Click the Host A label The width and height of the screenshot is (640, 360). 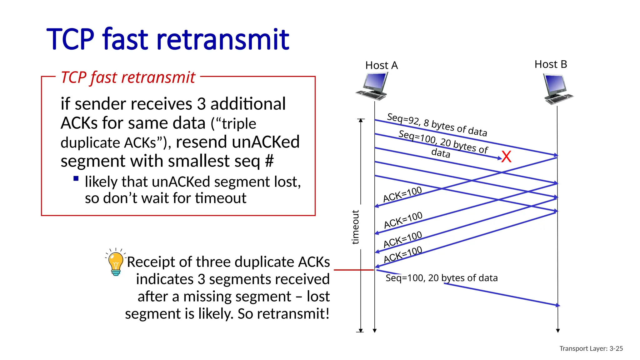click(381, 65)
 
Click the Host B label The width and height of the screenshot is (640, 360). click(551, 64)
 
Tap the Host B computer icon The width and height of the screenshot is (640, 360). click(557, 89)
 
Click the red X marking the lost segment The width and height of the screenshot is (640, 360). click(507, 157)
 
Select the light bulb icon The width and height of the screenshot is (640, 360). click(116, 263)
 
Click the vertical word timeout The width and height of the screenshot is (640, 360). click(355, 227)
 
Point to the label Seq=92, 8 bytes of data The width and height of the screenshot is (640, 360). click(437, 125)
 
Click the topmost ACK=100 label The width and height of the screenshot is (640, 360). click(402, 194)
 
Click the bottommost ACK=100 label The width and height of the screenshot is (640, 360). click(403, 254)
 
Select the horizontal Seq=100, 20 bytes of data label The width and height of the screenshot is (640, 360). click(441, 278)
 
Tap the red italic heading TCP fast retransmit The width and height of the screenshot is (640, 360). click(128, 77)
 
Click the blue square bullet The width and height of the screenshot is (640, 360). click(76, 179)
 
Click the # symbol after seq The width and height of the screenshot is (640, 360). click(269, 161)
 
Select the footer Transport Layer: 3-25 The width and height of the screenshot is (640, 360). click(591, 348)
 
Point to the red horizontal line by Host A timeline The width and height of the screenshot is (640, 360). click(353, 270)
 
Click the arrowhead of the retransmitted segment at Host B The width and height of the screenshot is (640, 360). click(558, 305)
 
